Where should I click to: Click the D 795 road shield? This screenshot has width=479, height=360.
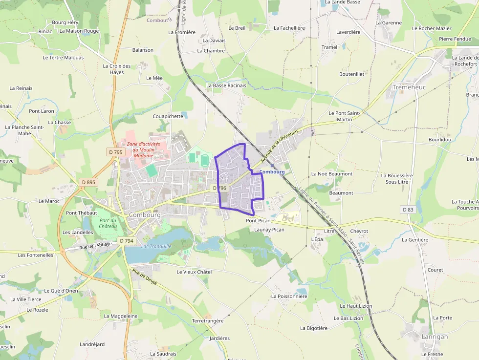click(x=115, y=152)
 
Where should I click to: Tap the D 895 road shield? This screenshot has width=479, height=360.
click(x=88, y=182)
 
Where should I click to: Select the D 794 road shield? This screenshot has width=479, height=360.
click(x=126, y=241)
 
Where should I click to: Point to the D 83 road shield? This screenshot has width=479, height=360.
click(x=408, y=210)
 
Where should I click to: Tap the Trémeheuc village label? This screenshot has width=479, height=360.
click(x=409, y=87)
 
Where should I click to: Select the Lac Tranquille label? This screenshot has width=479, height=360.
click(x=156, y=246)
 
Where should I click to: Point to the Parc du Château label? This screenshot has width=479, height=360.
click(x=108, y=223)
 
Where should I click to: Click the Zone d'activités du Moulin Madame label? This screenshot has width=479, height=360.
click(x=143, y=149)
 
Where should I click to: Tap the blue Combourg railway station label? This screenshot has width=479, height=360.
click(x=272, y=172)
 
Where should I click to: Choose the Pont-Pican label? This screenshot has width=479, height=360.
click(x=258, y=221)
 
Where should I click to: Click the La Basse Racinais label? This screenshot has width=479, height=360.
click(x=226, y=85)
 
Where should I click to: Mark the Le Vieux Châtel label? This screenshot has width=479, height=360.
click(x=194, y=272)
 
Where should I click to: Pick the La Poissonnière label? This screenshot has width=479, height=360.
click(x=289, y=296)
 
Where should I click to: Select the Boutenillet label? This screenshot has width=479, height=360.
click(x=352, y=74)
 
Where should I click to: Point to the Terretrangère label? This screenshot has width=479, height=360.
click(x=208, y=321)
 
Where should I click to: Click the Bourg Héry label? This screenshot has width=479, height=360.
click(x=65, y=22)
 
